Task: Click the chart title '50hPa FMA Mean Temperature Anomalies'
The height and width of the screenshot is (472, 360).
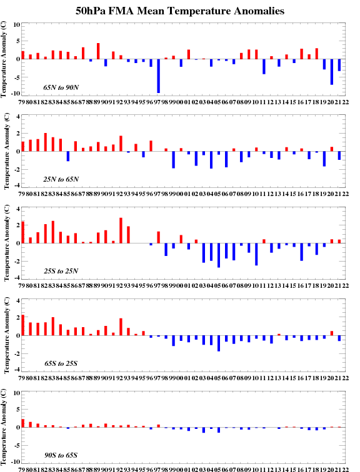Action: (x=180, y=11)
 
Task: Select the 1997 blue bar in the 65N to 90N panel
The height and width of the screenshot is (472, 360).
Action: (x=159, y=76)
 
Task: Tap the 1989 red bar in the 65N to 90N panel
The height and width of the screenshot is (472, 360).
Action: (x=98, y=51)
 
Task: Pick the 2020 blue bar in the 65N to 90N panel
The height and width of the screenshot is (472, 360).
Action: (x=332, y=72)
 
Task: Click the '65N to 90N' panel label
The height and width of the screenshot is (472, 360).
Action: (x=61, y=87)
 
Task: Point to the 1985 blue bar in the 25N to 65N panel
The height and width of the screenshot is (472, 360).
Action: (x=68, y=156)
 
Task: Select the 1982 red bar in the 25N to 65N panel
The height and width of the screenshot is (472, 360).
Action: (x=46, y=142)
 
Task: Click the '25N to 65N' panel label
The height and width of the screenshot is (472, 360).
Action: (x=61, y=179)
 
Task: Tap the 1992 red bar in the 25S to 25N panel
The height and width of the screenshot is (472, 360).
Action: (x=121, y=230)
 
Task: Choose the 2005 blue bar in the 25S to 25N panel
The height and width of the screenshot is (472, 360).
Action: (x=219, y=255)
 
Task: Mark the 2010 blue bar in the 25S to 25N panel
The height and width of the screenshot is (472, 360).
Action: (x=256, y=254)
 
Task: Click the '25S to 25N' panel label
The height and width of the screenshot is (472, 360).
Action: (x=61, y=271)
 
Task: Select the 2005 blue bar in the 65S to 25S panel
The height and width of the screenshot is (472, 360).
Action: (x=219, y=343)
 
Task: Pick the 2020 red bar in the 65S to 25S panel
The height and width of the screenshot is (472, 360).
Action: (x=332, y=333)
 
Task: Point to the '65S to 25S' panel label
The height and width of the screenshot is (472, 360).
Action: (x=61, y=363)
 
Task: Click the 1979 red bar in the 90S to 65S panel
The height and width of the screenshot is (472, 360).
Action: (x=23, y=423)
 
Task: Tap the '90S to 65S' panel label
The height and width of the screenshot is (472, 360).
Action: (x=61, y=455)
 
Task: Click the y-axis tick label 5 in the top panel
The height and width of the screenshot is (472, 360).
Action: (x=17, y=41)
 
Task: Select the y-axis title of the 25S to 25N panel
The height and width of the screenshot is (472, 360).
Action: (x=7, y=243)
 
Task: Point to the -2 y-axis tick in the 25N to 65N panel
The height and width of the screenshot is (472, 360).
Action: (x=16, y=170)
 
